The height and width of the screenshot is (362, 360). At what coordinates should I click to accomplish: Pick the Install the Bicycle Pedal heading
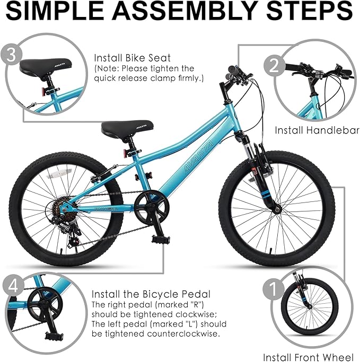151,294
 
